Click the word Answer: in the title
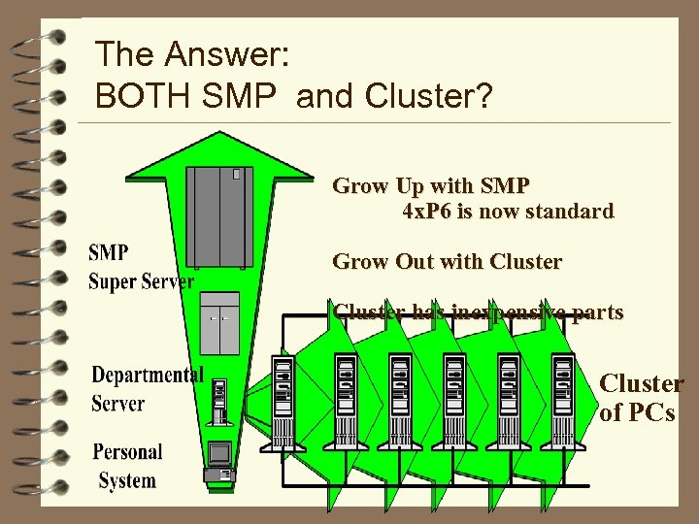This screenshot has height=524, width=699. (223, 55)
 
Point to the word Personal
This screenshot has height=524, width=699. (127, 453)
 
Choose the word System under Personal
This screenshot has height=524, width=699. (127, 480)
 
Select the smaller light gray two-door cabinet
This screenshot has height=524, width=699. (219, 322)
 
